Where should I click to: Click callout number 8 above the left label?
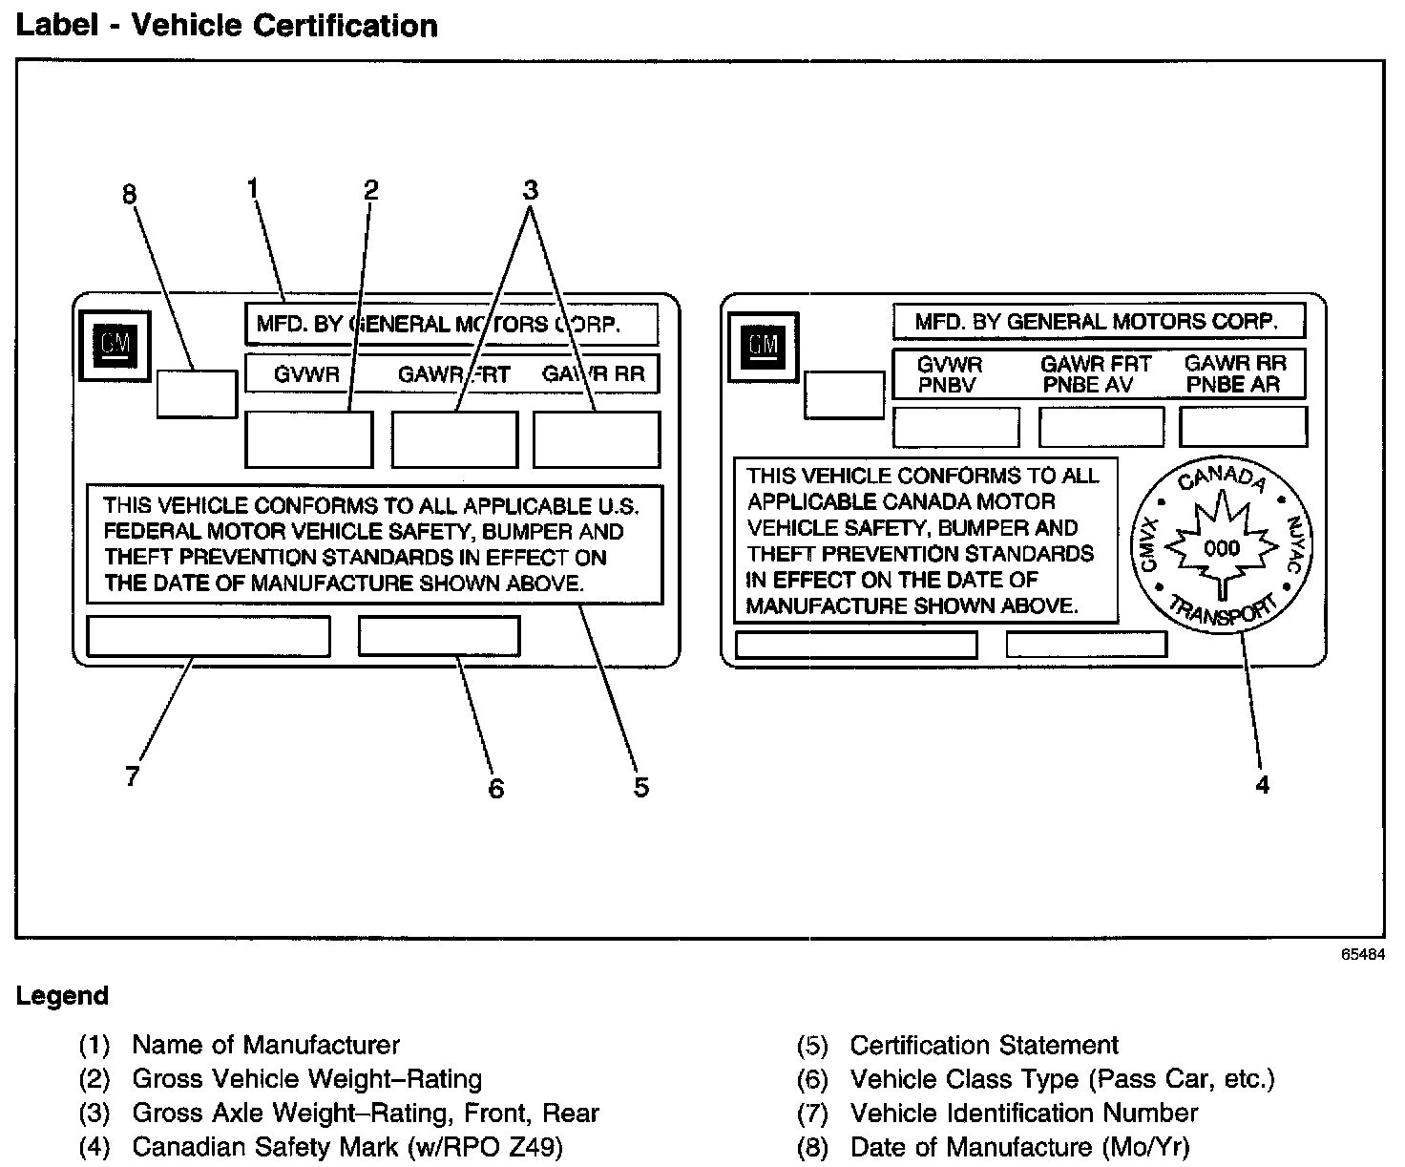pyautogui.click(x=129, y=195)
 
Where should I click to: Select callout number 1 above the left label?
pyautogui.click(x=253, y=189)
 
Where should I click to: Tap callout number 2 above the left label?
pyautogui.click(x=371, y=190)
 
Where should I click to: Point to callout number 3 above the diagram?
pyautogui.click(x=531, y=189)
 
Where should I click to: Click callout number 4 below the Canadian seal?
pyautogui.click(x=1262, y=785)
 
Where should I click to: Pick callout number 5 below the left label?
pyautogui.click(x=640, y=787)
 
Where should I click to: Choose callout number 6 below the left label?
pyautogui.click(x=495, y=788)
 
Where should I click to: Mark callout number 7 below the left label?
pyautogui.click(x=133, y=775)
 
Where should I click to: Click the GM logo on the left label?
pyautogui.click(x=115, y=345)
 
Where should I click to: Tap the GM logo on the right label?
pyautogui.click(x=763, y=345)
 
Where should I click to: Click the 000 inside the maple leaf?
pyautogui.click(x=1222, y=548)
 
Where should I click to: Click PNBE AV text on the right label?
pyautogui.click(x=1088, y=385)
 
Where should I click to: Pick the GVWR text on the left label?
pyautogui.click(x=306, y=374)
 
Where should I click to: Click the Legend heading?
pyautogui.click(x=62, y=996)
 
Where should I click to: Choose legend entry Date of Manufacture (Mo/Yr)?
pyautogui.click(x=1019, y=1146)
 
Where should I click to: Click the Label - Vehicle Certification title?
pyautogui.click(x=227, y=26)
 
